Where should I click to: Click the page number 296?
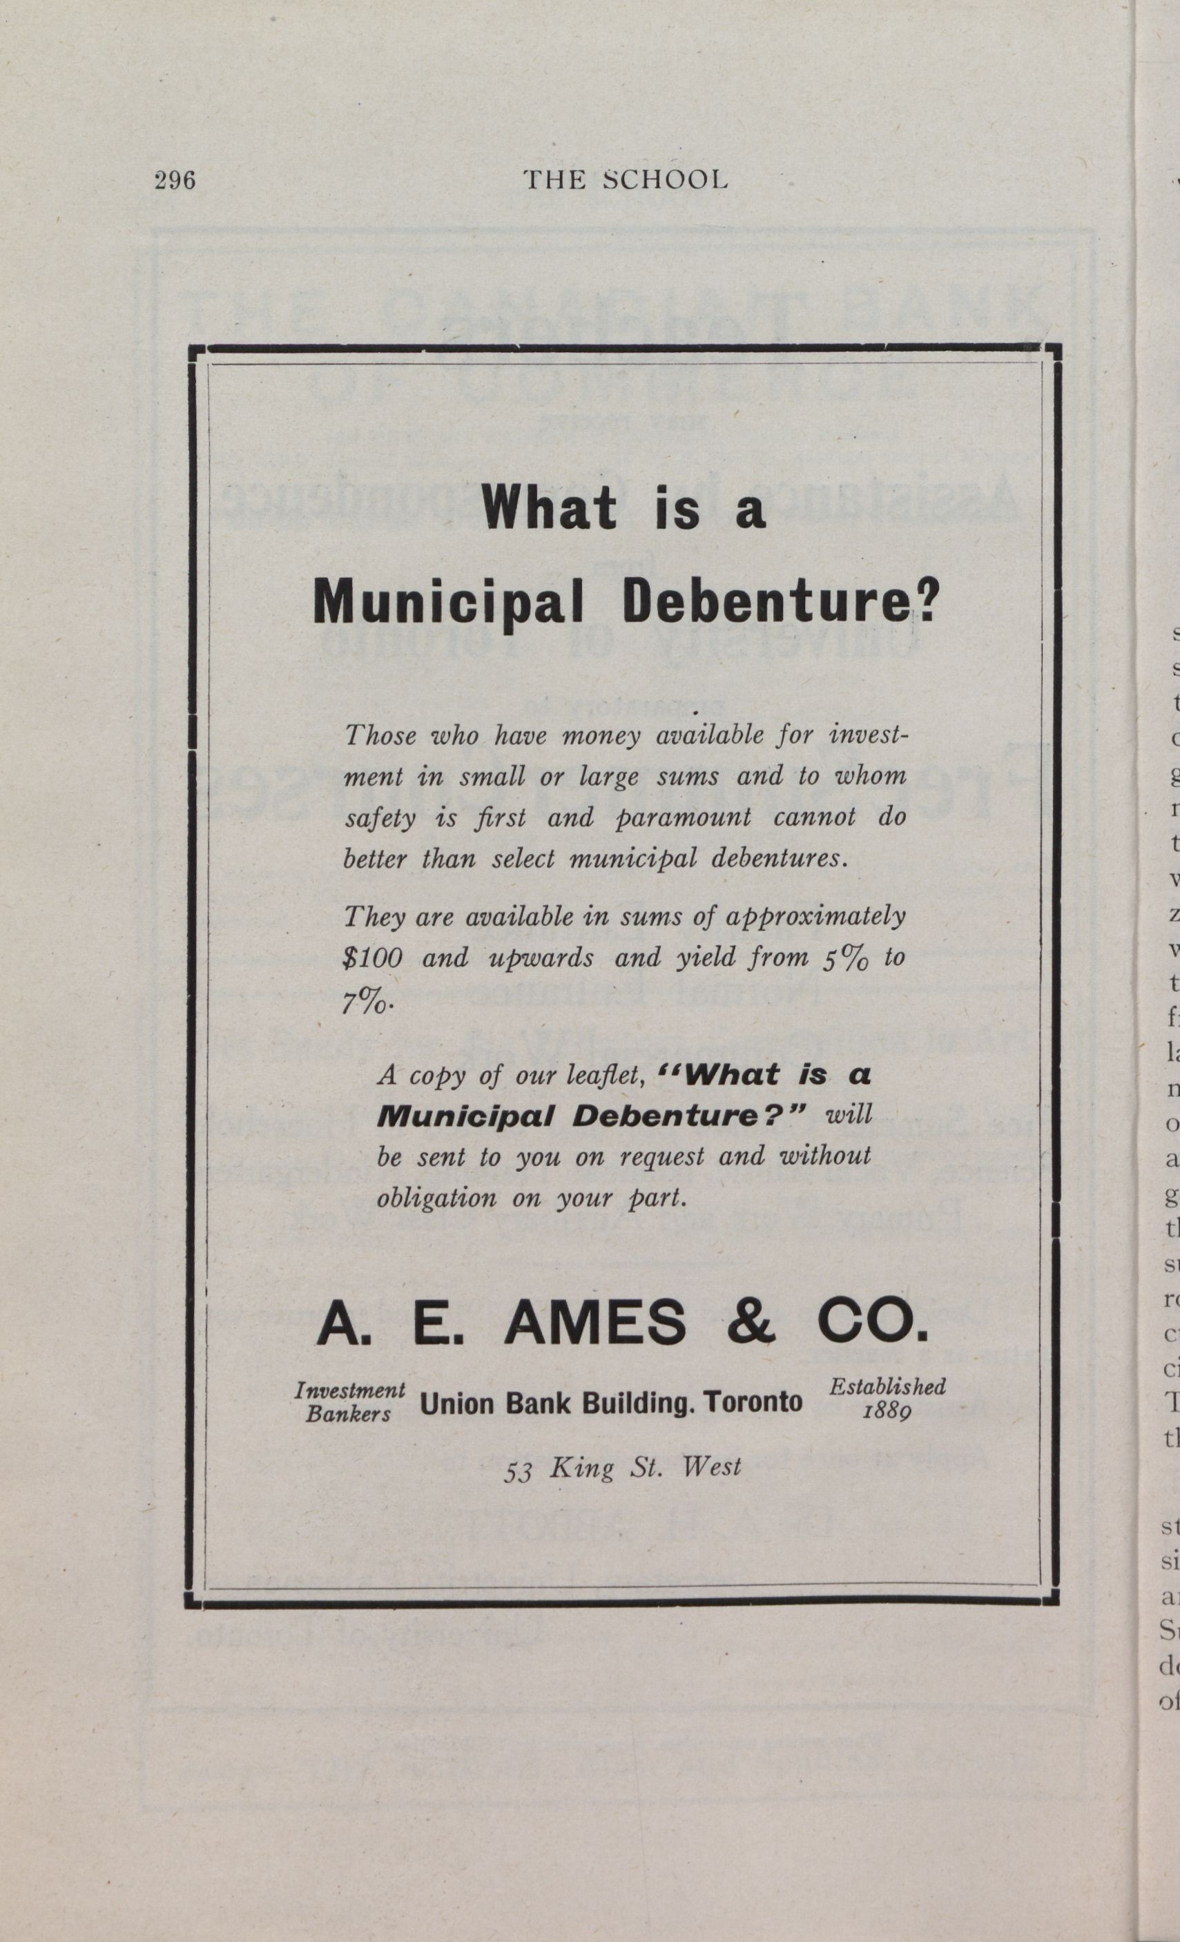point(174,180)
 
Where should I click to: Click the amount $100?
point(373,958)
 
